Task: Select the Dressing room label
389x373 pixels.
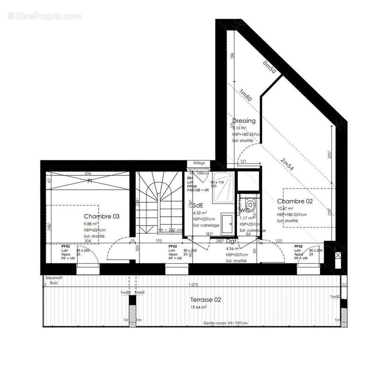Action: pyautogui.click(x=243, y=121)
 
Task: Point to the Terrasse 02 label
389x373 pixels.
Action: pyautogui.click(x=205, y=299)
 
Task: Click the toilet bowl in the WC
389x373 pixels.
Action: pyautogui.click(x=250, y=204)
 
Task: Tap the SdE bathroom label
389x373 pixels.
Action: pyautogui.click(x=198, y=205)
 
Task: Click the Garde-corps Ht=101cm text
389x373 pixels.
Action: pyautogui.click(x=225, y=323)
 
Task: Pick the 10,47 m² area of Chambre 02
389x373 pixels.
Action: pyautogui.click(x=285, y=208)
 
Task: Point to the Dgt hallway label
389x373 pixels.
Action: pyautogui.click(x=231, y=242)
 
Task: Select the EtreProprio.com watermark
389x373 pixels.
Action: pyautogui.click(x=45, y=16)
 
